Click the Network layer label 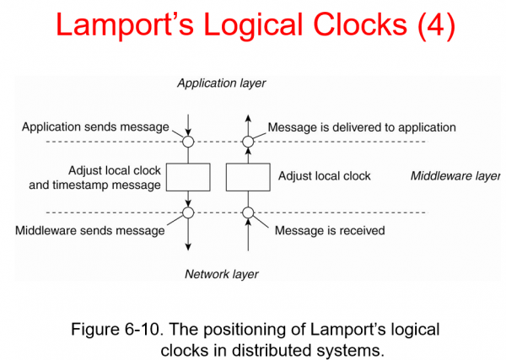coord(222,274)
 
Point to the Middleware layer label coord(455,176)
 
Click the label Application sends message coord(95,127)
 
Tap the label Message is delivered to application coord(362,127)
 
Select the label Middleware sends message coord(90,230)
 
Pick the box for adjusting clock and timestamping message coord(188,177)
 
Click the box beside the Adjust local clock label coord(247,177)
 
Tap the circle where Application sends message coord(188,141)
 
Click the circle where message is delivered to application coord(247,141)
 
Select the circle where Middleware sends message coord(188,212)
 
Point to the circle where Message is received coord(247,212)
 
